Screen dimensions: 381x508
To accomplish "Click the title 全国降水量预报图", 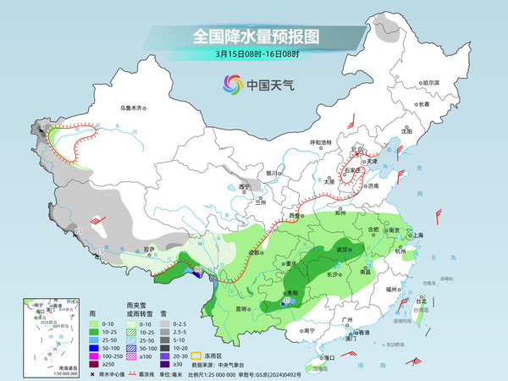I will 254,37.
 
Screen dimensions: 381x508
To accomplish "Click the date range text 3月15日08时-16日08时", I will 253,56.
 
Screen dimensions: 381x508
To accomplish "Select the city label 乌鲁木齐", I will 133,108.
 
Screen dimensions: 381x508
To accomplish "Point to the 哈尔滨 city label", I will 432,82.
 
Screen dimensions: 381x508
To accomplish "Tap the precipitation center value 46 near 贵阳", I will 287,301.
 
